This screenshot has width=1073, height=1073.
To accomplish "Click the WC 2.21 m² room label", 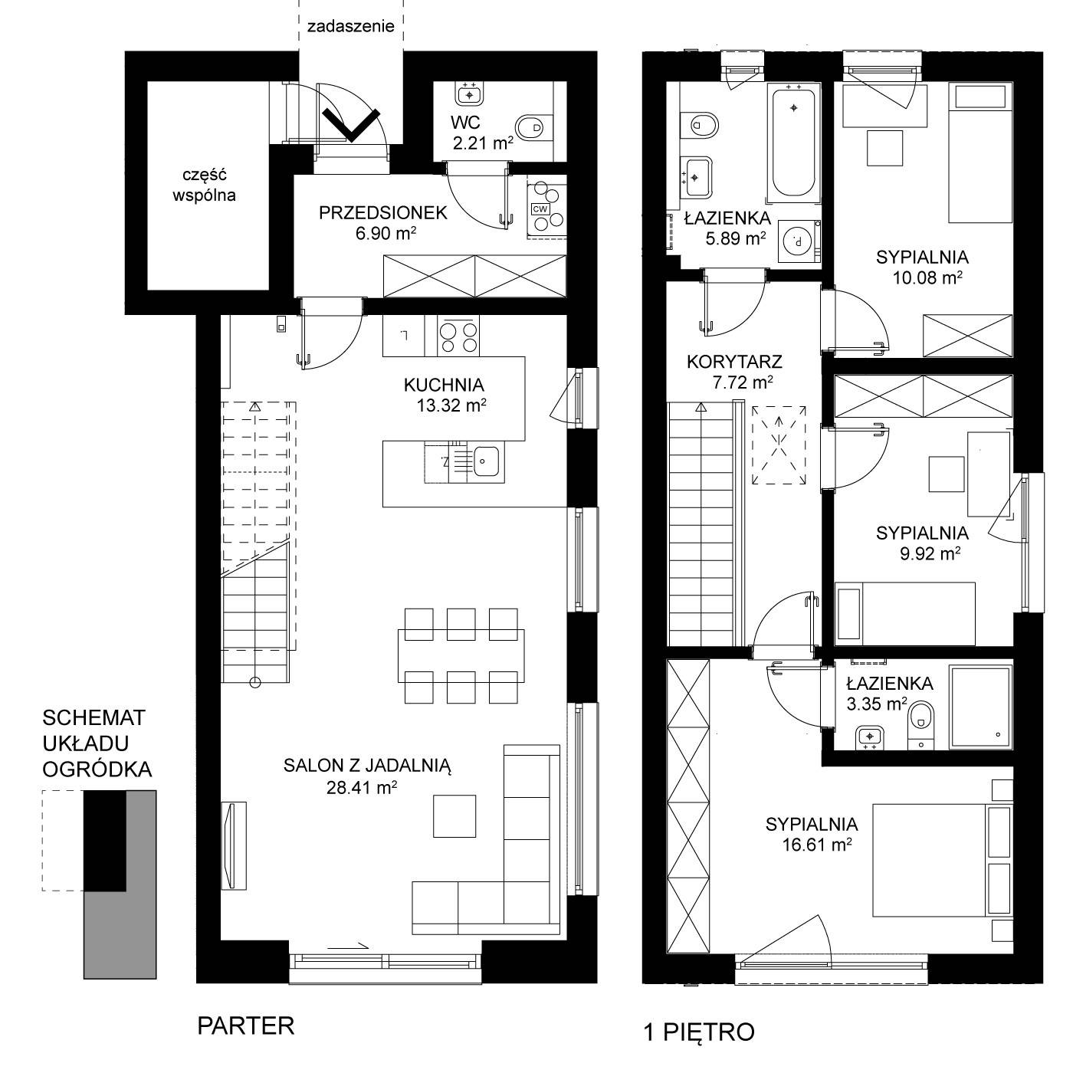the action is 481,133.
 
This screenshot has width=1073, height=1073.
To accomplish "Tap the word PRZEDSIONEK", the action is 382,212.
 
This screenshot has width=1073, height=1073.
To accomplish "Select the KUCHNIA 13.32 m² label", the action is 445,395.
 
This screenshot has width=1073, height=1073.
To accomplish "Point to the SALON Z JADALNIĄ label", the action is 367,766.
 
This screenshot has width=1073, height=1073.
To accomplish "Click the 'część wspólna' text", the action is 205,184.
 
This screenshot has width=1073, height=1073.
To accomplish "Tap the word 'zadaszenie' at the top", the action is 351,26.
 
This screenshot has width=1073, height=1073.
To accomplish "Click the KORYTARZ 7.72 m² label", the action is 734,372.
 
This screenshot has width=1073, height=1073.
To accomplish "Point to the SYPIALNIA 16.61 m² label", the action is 812,834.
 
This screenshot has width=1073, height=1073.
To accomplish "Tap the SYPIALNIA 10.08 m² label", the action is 922,267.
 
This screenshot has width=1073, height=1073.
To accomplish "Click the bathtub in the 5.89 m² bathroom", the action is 793,143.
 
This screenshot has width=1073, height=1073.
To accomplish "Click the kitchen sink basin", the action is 487,461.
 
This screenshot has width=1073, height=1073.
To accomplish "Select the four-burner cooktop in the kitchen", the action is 458,336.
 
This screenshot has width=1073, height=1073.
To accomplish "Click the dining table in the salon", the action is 461,655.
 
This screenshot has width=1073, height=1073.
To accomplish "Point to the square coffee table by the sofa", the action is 454,815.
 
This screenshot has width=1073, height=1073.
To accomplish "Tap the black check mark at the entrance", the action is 351,125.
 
